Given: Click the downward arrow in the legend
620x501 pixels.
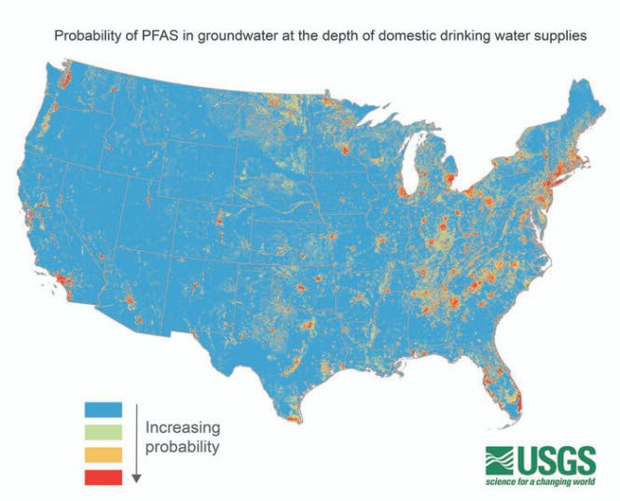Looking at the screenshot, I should (136, 443).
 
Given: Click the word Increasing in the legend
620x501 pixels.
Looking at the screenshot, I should (182, 428).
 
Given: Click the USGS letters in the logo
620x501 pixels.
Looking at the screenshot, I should (557, 460).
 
